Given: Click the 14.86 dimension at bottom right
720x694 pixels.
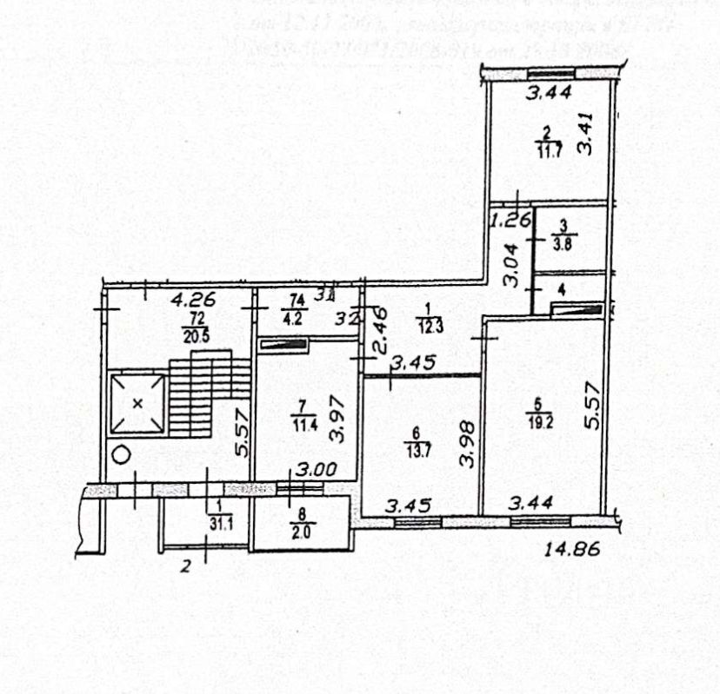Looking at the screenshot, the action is coord(573,549).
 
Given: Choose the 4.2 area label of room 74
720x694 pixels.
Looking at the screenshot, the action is coord(290,316).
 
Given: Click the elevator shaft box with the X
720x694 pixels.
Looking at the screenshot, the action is coord(137,403).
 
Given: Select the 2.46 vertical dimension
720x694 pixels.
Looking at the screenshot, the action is coord(377,333).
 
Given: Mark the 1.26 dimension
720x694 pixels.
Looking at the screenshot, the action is coord(510,221).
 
